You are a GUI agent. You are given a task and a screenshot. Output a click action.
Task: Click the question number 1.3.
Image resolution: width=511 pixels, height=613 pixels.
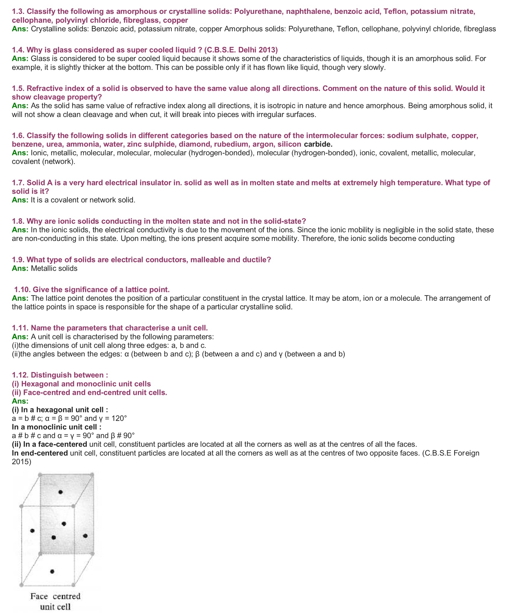[x=18, y=12]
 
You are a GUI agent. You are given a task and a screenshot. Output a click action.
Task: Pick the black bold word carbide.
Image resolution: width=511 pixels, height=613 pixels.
[x=318, y=144]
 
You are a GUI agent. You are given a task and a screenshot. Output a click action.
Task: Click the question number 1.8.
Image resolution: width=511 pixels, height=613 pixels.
[x=18, y=221]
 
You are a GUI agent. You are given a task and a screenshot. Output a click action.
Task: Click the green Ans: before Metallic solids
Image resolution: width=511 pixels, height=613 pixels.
[x=20, y=269]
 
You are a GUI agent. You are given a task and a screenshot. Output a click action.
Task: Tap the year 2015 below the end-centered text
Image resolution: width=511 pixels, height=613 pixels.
[x=21, y=462]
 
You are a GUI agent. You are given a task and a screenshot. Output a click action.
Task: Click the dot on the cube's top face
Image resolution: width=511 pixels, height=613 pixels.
[x=60, y=492]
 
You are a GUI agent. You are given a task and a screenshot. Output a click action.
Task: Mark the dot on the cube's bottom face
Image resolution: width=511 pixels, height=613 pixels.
[x=52, y=571]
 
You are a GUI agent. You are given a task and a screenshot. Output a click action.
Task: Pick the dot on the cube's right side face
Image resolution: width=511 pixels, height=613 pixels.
[x=85, y=536]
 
